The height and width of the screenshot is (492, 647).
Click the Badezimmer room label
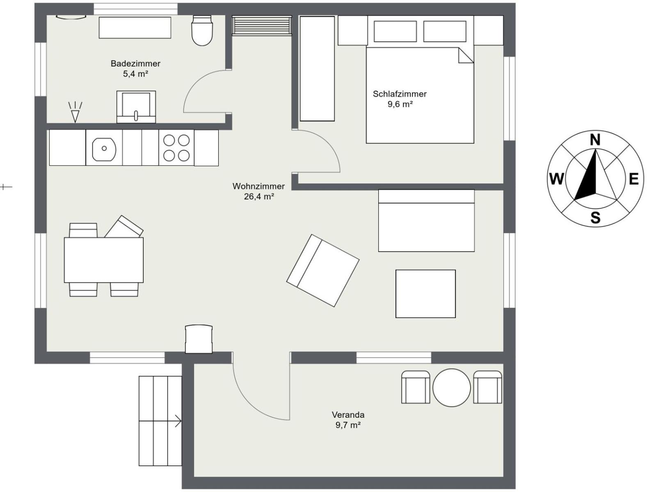(135, 63)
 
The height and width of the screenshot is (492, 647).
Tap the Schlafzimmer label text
(400, 94)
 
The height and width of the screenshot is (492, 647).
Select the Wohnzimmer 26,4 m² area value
(259, 196)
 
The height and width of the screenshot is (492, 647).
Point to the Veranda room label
(348, 415)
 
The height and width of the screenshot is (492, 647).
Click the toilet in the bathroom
(202, 31)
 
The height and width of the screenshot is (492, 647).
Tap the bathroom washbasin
(136, 107)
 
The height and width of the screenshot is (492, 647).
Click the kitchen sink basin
(104, 149)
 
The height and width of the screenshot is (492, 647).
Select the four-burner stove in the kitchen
(176, 148)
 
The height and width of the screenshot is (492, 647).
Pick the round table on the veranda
(451, 388)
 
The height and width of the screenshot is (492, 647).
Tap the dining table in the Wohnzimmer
(104, 260)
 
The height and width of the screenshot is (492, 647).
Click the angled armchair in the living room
(323, 270)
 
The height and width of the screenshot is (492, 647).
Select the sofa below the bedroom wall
(426, 220)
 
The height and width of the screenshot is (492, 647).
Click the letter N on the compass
(595, 140)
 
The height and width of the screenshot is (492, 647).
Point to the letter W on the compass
(556, 178)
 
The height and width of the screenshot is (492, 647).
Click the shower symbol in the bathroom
(75, 112)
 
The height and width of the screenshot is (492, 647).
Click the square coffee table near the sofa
(425, 294)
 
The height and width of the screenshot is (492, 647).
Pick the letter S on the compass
(595, 218)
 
